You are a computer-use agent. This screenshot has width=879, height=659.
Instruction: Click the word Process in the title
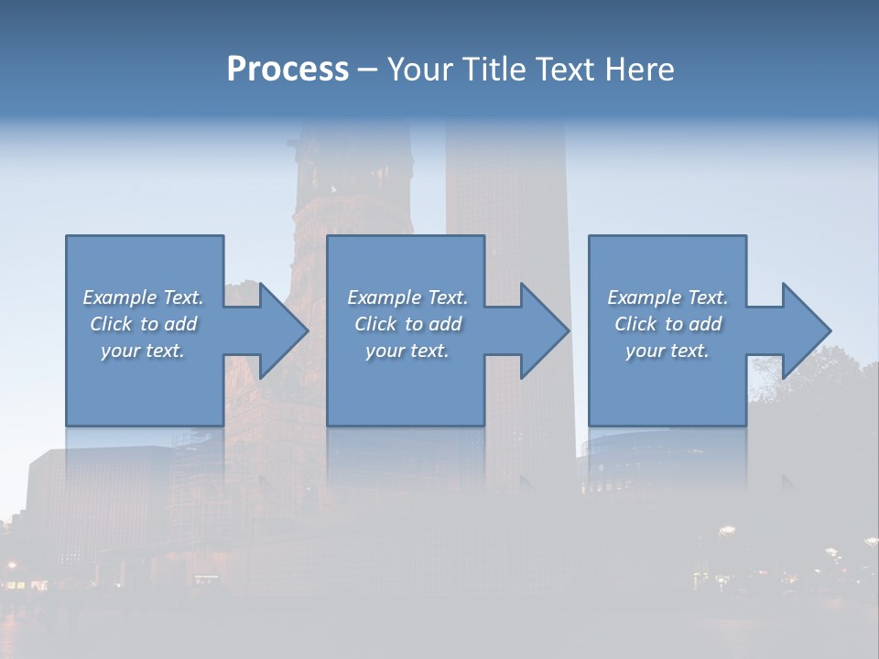pos(288,70)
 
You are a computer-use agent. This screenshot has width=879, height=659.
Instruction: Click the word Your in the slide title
pos(419,70)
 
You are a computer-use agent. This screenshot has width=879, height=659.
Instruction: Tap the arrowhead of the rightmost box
pos(805,330)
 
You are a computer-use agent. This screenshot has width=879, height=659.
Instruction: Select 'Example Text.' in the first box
pos(144,297)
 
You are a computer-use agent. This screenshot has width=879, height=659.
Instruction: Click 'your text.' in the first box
pos(144,351)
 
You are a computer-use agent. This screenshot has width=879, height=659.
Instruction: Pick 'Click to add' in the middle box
pos(407,324)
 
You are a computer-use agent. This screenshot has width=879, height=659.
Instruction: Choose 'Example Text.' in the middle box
pos(407,297)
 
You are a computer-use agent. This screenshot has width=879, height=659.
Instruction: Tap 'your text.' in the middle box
pos(407,351)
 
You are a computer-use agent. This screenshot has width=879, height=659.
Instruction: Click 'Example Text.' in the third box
pos(667,297)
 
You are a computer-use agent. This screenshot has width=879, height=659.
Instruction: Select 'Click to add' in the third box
pos(667,324)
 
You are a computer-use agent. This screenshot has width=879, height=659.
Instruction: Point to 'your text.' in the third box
pos(667,351)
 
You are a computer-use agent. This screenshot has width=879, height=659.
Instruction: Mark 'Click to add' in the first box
pos(144,324)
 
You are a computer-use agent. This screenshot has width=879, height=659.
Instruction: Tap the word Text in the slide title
pos(562,70)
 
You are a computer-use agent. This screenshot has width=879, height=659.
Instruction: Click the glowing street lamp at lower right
pos(728,530)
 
